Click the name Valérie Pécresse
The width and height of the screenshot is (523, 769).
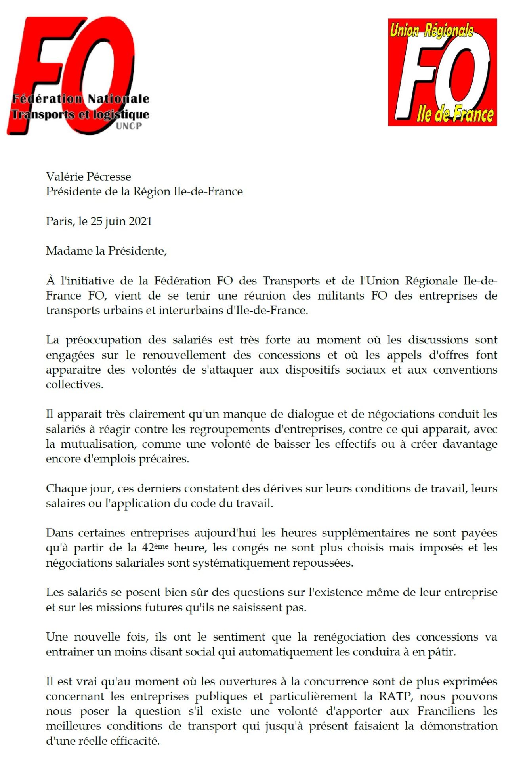pyautogui.click(x=88, y=177)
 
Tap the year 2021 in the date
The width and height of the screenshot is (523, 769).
pyautogui.click(x=140, y=221)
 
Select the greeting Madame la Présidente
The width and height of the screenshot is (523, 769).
pyautogui.click(x=106, y=251)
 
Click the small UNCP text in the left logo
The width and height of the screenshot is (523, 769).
pyautogui.click(x=129, y=126)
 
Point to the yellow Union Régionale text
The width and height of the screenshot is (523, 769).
pyautogui.click(x=431, y=30)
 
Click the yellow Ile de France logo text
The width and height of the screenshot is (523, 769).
pyautogui.click(x=455, y=114)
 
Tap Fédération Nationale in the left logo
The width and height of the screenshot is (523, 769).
pyautogui.click(x=81, y=99)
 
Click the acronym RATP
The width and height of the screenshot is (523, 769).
pyautogui.click(x=395, y=696)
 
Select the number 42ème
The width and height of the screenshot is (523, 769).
pyautogui.click(x=155, y=548)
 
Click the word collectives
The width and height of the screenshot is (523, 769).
pyautogui.click(x=74, y=384)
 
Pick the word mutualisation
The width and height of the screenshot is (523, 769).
pyautogui.click(x=98, y=444)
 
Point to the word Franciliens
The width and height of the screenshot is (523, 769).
pyautogui.click(x=446, y=711)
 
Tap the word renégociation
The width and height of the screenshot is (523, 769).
pyautogui.click(x=349, y=637)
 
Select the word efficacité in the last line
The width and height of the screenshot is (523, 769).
pyautogui.click(x=135, y=740)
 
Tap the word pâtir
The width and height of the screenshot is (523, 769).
pyautogui.click(x=442, y=652)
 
